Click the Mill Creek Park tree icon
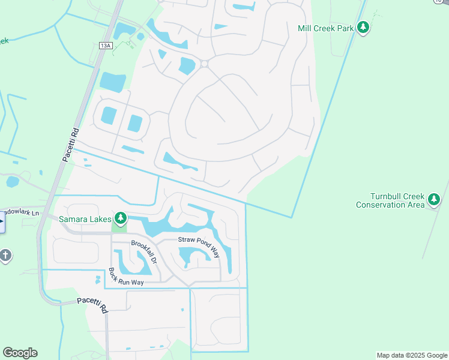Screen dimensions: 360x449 (x=363, y=28)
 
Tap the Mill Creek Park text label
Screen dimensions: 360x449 (x=326, y=28)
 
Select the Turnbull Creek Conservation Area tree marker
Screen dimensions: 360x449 (x=434, y=200)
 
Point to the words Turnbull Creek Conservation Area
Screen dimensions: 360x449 (x=390, y=201)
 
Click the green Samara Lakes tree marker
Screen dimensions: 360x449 (x=121, y=218)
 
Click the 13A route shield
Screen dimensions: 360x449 (x=106, y=46)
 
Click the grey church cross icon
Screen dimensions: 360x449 (x=5, y=256)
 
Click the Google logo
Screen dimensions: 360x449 (x=20, y=353)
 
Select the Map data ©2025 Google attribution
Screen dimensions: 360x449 (x=412, y=355)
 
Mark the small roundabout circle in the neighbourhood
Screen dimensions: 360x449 (x=204, y=64)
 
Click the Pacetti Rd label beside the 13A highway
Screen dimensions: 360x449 (x=70, y=144)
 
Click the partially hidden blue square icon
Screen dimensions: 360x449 (x=2, y=224)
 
